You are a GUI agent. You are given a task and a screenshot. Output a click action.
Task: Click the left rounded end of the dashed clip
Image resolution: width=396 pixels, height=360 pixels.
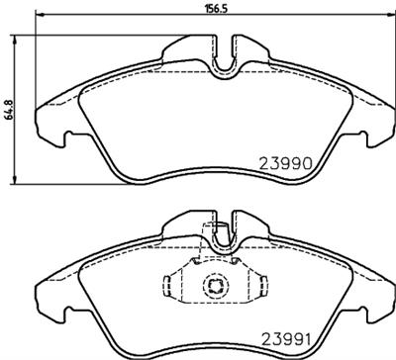[x=165, y=286]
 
